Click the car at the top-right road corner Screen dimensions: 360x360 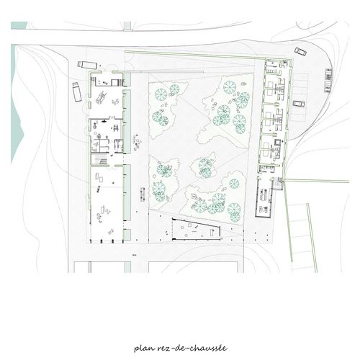pyautogui.click(x=300, y=52)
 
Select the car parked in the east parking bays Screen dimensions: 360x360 pyautogui.click(x=299, y=104)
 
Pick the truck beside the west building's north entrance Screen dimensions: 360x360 pyautogui.click(x=87, y=65)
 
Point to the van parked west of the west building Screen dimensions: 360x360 pyautogui.click(x=77, y=92)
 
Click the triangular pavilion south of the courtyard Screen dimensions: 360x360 pyautogui.click(x=197, y=230)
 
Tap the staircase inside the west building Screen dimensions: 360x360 pyautogui.click(x=100, y=159)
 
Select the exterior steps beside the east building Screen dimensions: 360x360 pyautogui.click(x=279, y=184)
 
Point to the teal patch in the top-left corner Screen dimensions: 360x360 pyautogui.click(x=19, y=25)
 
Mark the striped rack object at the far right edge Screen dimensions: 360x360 pyautogui.click(x=328, y=80)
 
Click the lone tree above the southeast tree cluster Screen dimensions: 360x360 pyautogui.click(x=234, y=184)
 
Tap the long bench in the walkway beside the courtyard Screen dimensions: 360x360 pyautogui.click(x=143, y=194)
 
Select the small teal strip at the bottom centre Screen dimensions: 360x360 pyautogui.click(x=127, y=267)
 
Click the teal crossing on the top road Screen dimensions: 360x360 pyautogui.click(x=127, y=26)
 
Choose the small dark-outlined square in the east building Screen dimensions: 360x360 pyautogui.click(x=277, y=143)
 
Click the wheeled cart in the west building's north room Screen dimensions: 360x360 pyautogui.click(x=100, y=97)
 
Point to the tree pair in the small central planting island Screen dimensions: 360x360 pyautogui.click(x=205, y=168)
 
